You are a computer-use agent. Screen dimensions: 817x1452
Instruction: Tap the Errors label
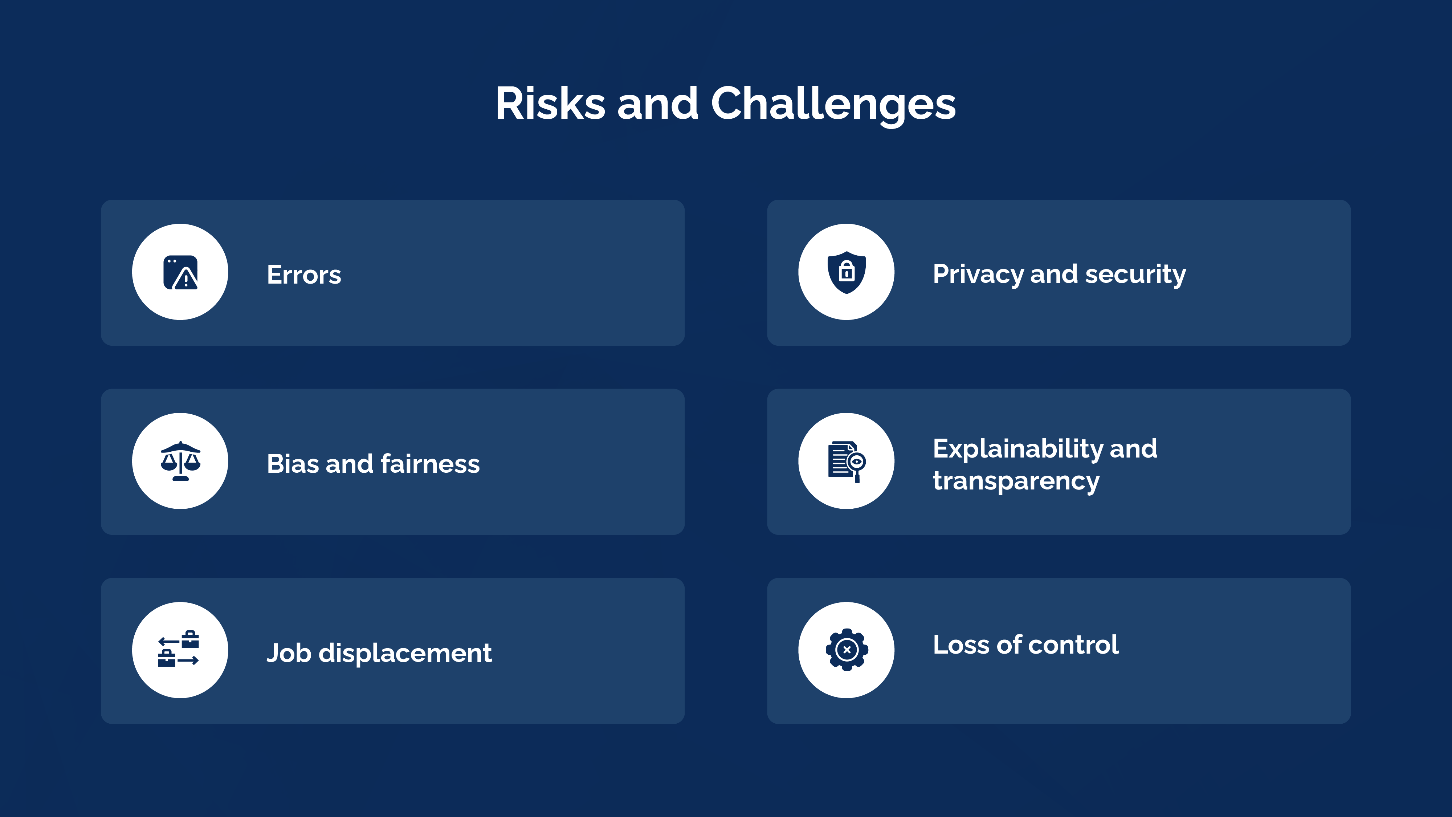[304, 275]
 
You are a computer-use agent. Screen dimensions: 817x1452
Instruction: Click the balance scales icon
[180, 461]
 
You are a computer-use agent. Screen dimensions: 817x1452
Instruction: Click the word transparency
[1016, 481]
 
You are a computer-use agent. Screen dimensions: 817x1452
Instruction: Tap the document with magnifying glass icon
[846, 461]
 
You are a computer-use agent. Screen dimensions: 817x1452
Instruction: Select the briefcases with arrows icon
[179, 650]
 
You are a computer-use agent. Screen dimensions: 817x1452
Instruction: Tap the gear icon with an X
[846, 650]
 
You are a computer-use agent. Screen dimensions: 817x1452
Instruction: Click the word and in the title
[657, 104]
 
